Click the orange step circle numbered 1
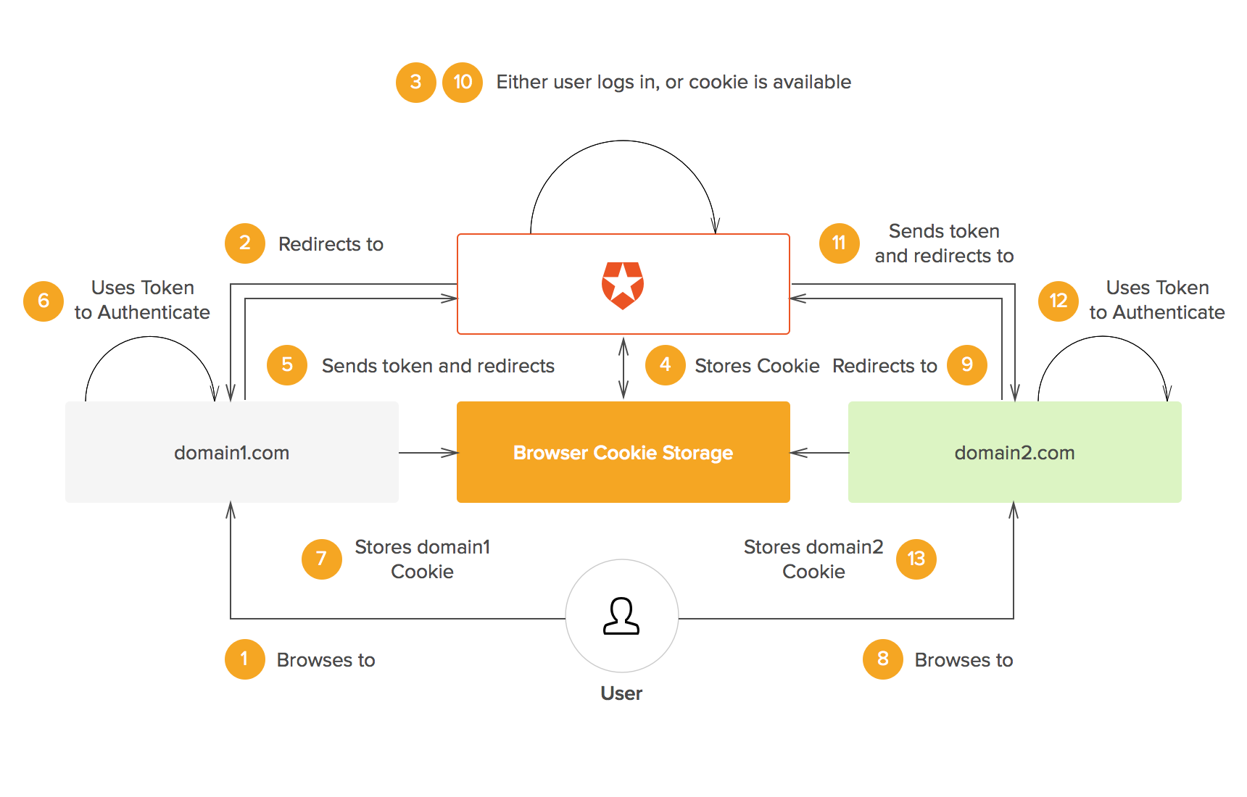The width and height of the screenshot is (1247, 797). (245, 659)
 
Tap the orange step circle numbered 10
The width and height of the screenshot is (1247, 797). (463, 82)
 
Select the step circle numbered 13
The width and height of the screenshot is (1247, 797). (916, 559)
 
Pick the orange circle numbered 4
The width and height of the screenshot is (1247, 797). (666, 364)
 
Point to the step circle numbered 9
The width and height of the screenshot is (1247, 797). (967, 364)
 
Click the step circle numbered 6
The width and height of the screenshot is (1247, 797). (43, 301)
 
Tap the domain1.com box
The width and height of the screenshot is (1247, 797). (232, 452)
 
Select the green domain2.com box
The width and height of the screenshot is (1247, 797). (1014, 452)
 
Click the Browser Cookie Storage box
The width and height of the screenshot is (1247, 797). (623, 452)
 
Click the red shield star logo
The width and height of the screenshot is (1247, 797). (623, 285)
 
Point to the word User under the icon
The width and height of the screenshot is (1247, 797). (621, 693)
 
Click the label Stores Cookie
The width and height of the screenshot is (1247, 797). (757, 366)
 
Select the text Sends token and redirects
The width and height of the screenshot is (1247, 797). (438, 366)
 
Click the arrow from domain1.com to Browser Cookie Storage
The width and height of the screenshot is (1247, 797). (428, 453)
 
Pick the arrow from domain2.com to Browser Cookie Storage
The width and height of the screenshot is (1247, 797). (819, 453)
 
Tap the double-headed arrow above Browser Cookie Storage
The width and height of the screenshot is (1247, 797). (623, 368)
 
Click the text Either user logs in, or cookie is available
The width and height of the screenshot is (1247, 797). (674, 82)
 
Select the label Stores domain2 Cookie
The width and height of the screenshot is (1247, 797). (813, 559)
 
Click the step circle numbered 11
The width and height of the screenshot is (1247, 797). (840, 243)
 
